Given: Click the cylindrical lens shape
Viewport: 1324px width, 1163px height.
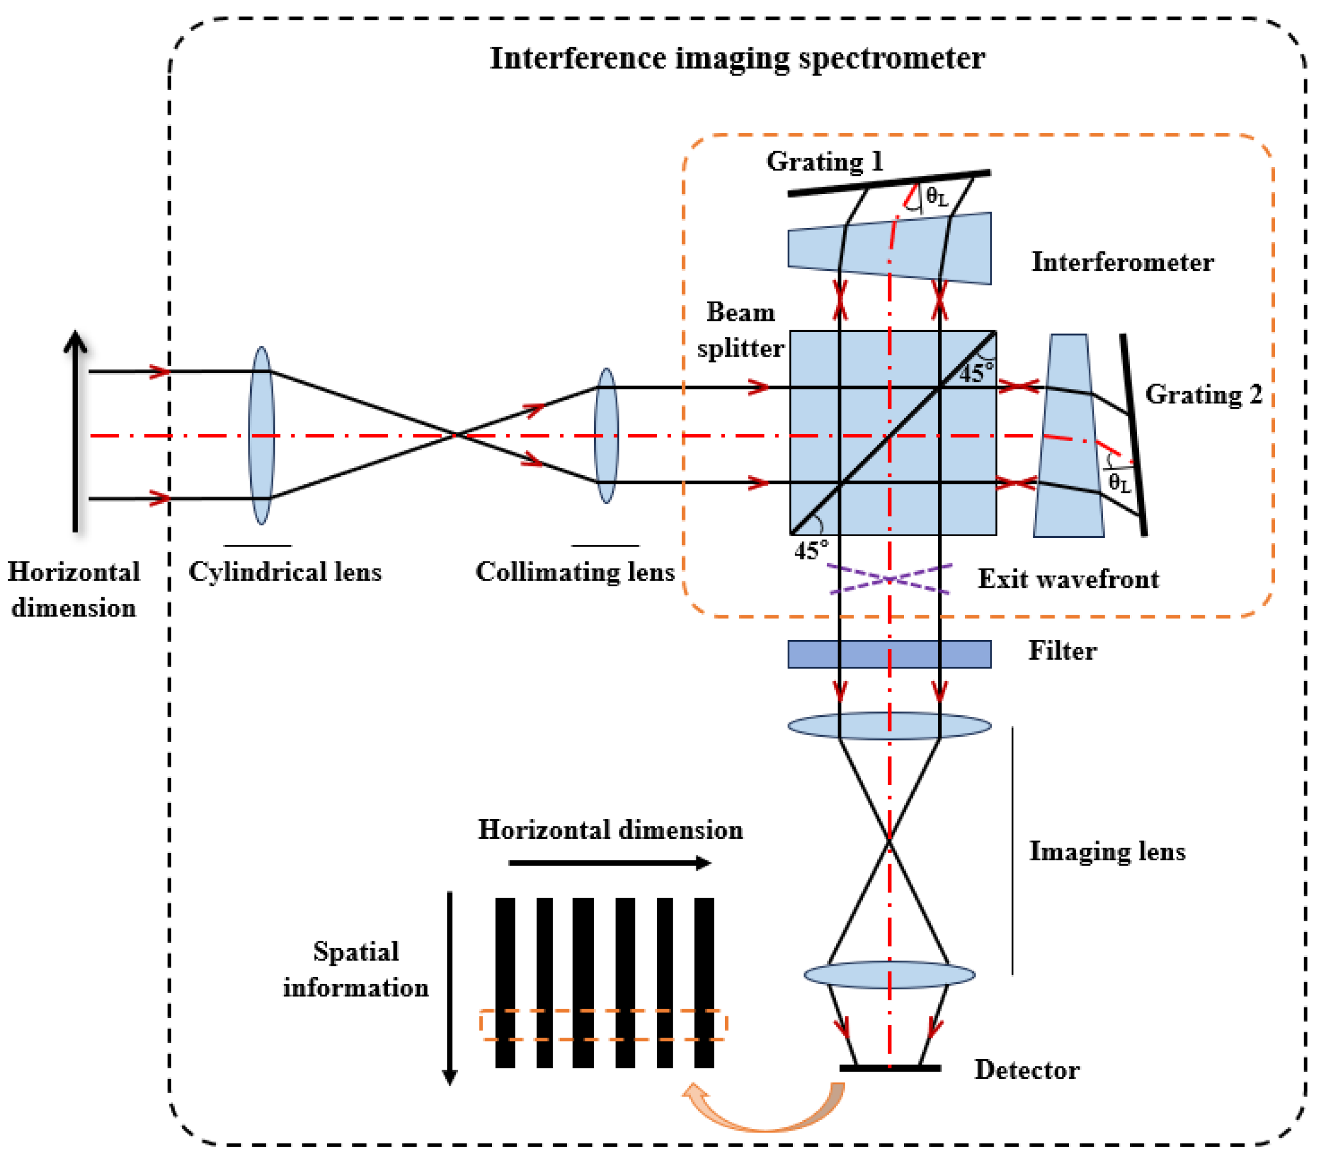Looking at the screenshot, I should [261, 435].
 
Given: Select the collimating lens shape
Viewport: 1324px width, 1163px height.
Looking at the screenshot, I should [606, 435].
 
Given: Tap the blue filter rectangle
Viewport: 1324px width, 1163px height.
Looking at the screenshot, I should [889, 654].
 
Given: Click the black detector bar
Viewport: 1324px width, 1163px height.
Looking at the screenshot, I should [889, 1068].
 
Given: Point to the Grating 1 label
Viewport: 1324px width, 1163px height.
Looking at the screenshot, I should [824, 162].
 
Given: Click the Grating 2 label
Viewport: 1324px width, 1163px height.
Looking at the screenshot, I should [1203, 394].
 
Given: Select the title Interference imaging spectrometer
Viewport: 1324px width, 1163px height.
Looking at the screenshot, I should [737, 58].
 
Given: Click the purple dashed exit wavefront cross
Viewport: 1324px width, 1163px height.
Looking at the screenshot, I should [889, 578].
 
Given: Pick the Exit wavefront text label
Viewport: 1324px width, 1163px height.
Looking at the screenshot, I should [1067, 579].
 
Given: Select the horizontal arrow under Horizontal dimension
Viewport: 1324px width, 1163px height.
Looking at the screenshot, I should [609, 862].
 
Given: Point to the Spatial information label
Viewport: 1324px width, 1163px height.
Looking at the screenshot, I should [356, 970].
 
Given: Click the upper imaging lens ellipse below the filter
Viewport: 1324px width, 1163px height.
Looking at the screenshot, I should [889, 725].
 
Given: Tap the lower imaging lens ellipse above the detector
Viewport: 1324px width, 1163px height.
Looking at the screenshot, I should [889, 974].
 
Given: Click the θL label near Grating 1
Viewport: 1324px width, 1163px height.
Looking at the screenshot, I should [937, 196].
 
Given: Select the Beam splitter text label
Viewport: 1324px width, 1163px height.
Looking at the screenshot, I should [740, 330].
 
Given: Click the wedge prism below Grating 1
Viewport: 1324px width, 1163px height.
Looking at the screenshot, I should [889, 248].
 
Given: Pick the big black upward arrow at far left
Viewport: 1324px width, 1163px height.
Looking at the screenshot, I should [76, 431].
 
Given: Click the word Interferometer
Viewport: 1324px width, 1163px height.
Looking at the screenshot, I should [1122, 262].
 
